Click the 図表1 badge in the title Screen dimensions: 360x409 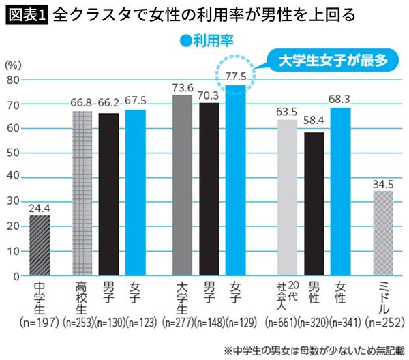click(25, 14)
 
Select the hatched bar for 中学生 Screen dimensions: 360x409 click(39, 245)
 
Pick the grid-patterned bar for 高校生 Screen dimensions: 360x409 click(81, 194)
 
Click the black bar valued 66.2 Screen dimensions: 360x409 click(108, 194)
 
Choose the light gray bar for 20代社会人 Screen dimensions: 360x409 click(287, 198)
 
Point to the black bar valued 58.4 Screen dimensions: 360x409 click(314, 204)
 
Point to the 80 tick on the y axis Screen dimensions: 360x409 click(12, 79)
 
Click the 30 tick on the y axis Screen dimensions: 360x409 click(12, 202)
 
